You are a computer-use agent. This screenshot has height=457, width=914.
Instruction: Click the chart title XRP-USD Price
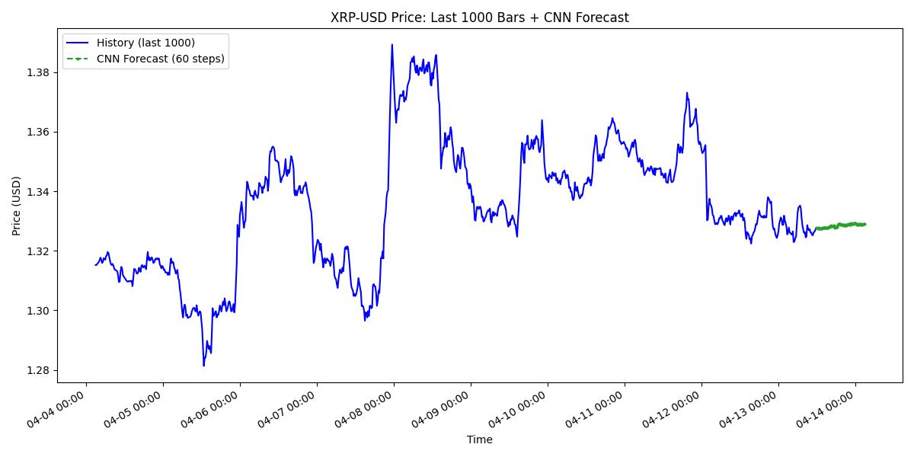coord(479,18)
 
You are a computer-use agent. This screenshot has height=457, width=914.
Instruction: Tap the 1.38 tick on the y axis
coord(37,72)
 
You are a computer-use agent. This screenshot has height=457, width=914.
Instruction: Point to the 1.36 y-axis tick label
coord(37,132)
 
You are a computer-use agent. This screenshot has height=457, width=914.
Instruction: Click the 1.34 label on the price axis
coord(37,191)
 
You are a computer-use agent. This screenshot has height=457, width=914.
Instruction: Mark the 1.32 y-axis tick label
coord(37,251)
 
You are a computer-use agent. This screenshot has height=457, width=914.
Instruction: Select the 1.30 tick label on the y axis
coord(37,311)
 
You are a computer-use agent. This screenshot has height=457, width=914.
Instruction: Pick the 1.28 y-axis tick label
coord(37,370)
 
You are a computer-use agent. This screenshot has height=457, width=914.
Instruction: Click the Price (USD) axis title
coord(17,206)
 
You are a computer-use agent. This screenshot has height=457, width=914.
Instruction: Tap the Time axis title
coord(479,439)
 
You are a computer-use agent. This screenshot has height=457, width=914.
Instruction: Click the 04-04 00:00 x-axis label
coord(56,411)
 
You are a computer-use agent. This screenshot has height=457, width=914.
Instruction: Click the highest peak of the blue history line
coord(392,44)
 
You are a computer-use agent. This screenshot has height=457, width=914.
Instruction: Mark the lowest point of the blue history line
coord(203,366)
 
